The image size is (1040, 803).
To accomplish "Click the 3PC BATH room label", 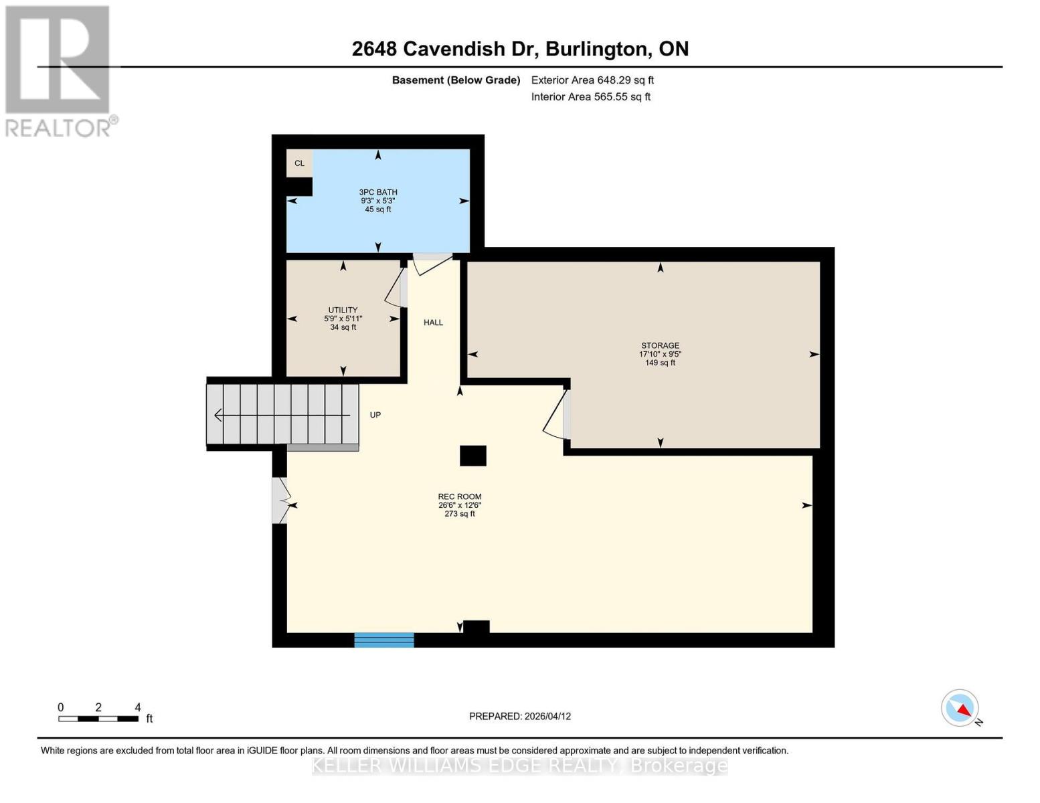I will [x=378, y=193].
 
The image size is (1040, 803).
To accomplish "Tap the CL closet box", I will [x=299, y=163].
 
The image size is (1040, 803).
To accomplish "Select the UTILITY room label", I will [x=343, y=310].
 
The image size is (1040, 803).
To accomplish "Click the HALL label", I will [x=433, y=323].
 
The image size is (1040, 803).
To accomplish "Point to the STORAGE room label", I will [x=660, y=346].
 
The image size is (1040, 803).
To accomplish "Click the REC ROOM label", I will [x=460, y=497].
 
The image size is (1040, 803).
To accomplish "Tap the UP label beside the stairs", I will [x=375, y=415].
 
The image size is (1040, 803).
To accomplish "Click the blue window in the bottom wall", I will [x=384, y=640].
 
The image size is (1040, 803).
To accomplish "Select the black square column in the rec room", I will [x=473, y=456].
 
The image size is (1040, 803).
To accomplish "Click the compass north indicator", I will [x=960, y=708].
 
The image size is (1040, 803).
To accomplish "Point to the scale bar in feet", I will [x=98, y=719].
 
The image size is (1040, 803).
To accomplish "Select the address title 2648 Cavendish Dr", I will [x=520, y=49].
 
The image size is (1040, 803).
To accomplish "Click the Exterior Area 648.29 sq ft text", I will [x=592, y=80].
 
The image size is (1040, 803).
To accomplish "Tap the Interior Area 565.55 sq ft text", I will [x=591, y=97].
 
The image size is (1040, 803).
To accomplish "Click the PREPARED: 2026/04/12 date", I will [x=520, y=716].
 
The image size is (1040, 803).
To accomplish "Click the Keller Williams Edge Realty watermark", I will [x=520, y=766].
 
